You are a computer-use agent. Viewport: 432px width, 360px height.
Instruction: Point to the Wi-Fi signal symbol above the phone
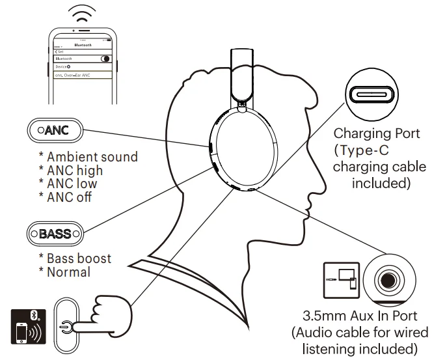(83, 14)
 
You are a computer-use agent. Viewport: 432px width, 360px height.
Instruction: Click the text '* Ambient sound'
(88, 157)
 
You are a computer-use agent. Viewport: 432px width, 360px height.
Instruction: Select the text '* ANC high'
(71, 171)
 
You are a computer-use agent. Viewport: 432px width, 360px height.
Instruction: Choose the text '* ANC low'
(68, 184)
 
